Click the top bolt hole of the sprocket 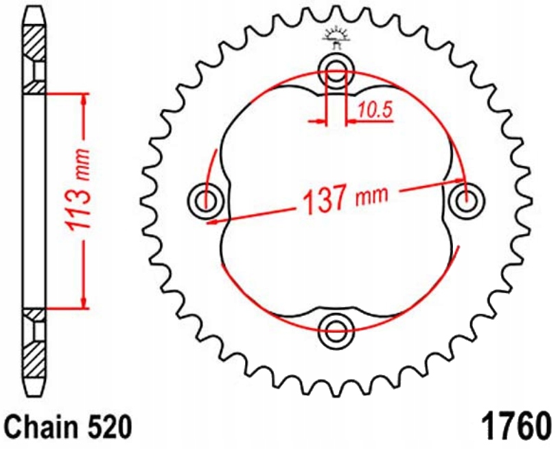click(336, 69)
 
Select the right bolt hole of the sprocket click(467, 201)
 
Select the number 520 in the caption click(106, 426)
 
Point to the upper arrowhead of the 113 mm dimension click(84, 100)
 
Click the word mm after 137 click(371, 196)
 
